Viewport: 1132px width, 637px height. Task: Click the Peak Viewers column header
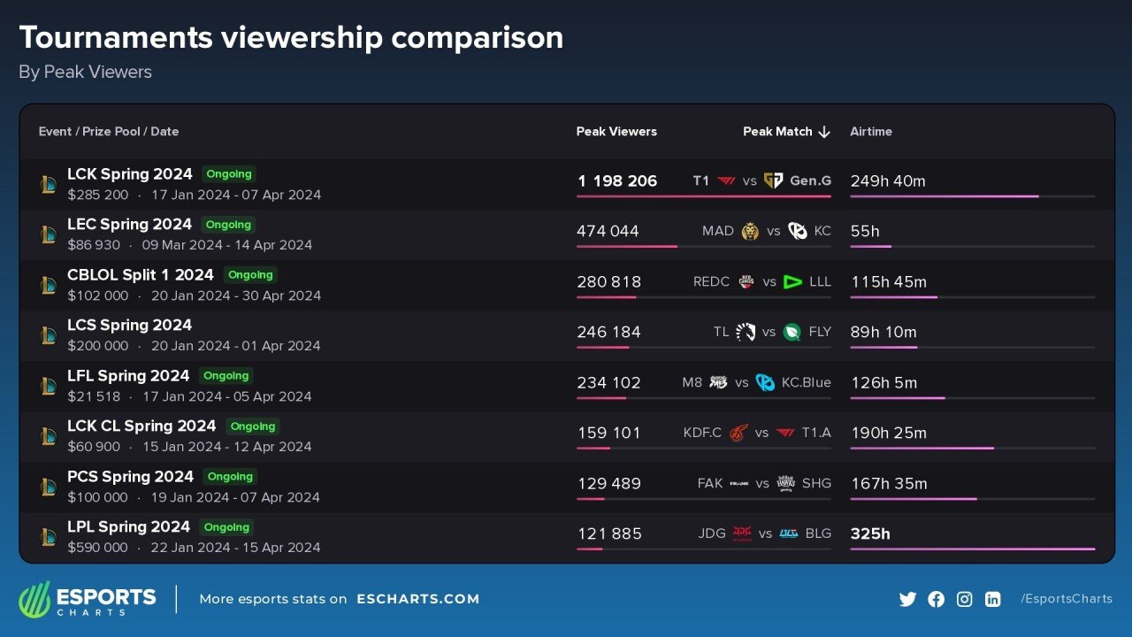[616, 132]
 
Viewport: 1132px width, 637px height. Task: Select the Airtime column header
[871, 132]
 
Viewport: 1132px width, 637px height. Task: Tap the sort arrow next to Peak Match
[824, 132]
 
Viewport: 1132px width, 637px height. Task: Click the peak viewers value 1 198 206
[617, 181]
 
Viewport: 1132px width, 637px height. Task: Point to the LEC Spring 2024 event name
[129, 225]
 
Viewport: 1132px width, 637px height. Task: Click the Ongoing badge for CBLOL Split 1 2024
[250, 275]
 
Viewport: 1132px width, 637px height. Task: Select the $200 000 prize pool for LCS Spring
[97, 346]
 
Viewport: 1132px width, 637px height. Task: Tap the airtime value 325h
[870, 534]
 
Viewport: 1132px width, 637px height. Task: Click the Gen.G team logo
[773, 181]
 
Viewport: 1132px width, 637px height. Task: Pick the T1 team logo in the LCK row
[726, 181]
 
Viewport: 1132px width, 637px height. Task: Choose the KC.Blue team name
[805, 383]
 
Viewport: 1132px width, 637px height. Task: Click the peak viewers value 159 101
[608, 434]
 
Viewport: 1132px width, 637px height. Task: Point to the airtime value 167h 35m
[889, 484]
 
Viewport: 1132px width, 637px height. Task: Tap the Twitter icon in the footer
[907, 599]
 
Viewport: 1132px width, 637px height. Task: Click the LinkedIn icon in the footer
[992, 599]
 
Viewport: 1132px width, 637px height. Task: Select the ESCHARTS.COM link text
[418, 599]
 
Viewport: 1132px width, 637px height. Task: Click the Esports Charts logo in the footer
[88, 599]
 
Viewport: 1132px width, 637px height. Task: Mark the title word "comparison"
[477, 38]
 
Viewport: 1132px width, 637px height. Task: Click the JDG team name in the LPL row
[712, 534]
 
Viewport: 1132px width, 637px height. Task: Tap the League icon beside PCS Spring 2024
[48, 487]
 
